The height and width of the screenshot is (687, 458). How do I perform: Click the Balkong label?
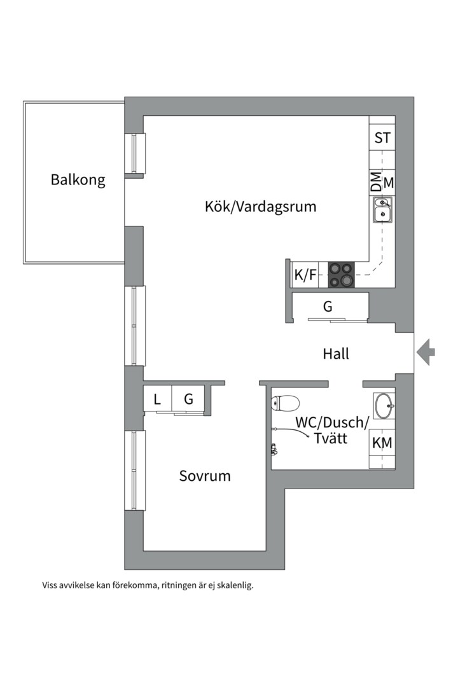pos(78,180)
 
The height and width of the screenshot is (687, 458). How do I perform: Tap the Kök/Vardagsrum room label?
pos(260,206)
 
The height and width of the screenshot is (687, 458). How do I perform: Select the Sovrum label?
pos(205,476)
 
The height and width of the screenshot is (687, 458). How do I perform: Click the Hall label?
pos(336,354)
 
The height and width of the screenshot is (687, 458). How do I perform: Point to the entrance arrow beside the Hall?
pos(425,352)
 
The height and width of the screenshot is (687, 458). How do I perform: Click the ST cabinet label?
pos(382,138)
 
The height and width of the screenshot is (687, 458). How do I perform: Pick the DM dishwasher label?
pos(376,181)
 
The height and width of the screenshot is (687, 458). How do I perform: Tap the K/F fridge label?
pos(305,275)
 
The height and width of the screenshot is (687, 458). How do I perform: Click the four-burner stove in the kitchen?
pos(342,275)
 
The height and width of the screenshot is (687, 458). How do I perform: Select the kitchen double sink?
pos(382,210)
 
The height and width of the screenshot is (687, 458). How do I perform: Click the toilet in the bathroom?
pos(286,403)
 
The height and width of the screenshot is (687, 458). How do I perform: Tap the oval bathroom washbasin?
pos(384,406)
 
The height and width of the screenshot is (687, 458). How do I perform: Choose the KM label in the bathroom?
pos(382,443)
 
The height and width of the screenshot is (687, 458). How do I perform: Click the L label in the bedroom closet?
pos(157,399)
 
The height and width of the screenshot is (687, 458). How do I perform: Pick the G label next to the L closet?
pos(188,399)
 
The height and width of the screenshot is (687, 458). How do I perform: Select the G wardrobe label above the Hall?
pos(328,306)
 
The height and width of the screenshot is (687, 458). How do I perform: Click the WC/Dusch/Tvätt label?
pos(332,430)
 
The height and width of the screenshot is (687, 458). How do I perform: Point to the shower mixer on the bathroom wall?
pos(274,450)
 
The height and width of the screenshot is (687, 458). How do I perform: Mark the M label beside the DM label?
pos(389,183)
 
